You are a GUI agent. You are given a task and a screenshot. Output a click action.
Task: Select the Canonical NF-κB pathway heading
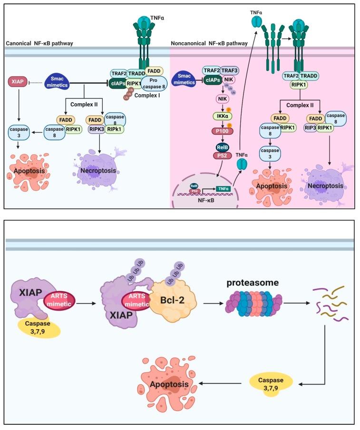pos(39,43)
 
